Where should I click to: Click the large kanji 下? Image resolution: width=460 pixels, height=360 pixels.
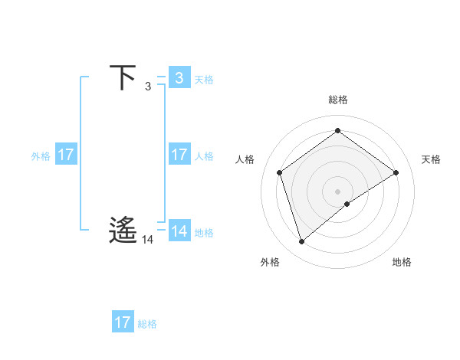click(123, 78)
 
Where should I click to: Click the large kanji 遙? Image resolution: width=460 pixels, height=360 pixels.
click(123, 230)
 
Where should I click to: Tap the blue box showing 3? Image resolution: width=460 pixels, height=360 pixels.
click(179, 78)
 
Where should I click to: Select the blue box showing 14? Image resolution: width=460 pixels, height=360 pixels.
click(179, 231)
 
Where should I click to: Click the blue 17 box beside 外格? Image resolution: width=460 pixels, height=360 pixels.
click(66, 155)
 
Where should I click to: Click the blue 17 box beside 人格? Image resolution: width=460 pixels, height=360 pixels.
click(179, 155)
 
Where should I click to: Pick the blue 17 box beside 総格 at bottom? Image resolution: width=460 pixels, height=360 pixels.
click(123, 322)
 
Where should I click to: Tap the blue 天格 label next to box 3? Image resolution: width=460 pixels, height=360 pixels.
click(204, 79)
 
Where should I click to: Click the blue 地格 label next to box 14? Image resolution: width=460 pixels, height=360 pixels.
click(204, 232)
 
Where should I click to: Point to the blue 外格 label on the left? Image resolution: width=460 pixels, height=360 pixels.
click(41, 156)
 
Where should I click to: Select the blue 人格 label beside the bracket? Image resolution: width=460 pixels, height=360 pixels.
click(204, 156)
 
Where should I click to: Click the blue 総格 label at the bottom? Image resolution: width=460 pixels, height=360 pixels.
click(147, 324)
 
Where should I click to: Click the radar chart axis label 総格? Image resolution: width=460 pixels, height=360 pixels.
click(337, 100)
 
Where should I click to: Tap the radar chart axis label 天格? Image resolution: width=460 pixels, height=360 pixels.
click(431, 159)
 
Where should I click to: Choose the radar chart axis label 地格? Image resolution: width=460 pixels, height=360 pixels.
click(402, 262)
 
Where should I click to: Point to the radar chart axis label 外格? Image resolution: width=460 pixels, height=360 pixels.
click(270, 262)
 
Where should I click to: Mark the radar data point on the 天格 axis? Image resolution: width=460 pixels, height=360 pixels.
click(396, 172)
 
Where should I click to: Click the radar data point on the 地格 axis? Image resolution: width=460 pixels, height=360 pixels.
click(347, 204)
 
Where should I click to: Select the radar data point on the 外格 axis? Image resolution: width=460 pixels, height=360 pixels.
click(301, 242)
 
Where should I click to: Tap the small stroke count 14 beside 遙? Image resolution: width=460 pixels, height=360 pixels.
click(147, 240)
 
